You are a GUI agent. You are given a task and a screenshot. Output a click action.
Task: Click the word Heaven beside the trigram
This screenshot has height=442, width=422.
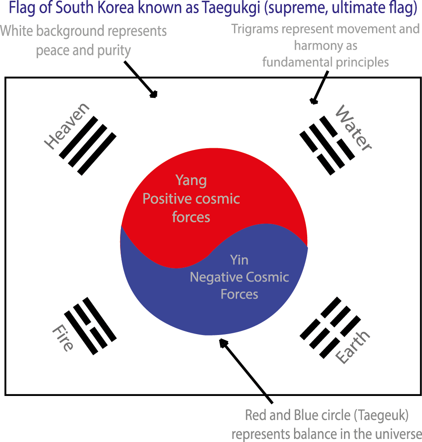point(67,127)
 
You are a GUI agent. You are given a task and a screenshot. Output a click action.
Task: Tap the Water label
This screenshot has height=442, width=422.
point(353,128)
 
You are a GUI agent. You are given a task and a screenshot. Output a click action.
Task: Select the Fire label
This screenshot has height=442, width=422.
point(63,338)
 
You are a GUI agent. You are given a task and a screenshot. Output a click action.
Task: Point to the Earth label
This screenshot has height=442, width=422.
point(353,346)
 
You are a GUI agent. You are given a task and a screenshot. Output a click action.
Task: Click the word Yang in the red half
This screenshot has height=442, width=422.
point(191,180)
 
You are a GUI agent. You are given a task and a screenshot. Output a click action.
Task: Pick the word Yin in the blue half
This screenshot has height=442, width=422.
point(239,260)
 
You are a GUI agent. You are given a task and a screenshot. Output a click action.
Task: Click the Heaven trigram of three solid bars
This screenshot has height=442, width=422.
point(88,145)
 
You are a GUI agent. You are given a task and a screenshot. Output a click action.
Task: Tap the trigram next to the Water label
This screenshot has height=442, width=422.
point(327,145)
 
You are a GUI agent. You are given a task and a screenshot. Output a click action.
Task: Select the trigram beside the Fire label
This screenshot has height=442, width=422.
point(90,325)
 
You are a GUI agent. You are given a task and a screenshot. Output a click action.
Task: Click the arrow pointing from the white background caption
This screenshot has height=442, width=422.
point(140,79)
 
